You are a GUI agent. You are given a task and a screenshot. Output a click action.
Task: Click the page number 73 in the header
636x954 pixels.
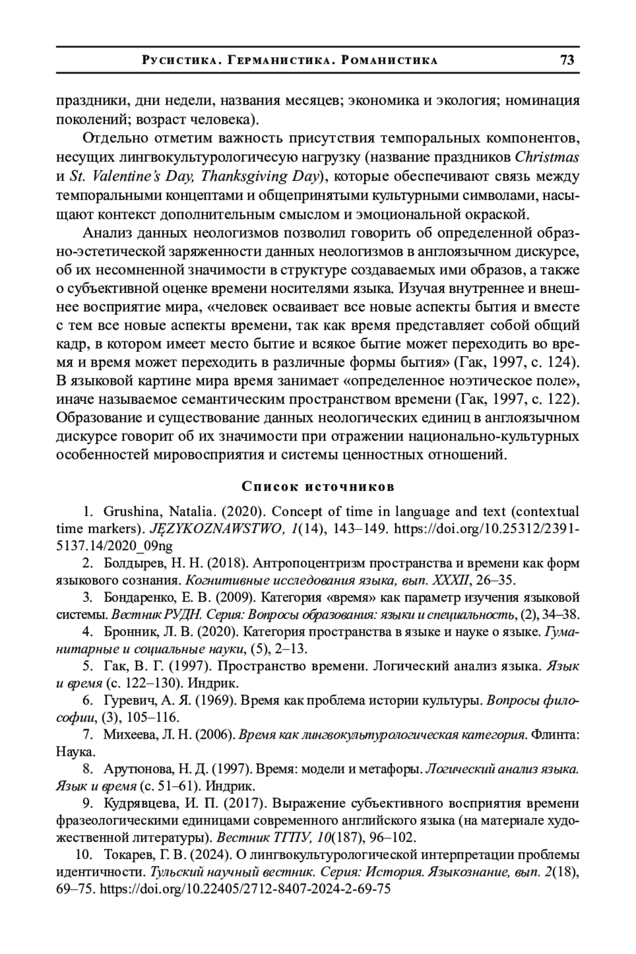(x=567, y=60)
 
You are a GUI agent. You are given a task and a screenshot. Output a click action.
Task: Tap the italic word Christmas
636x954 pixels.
(x=547, y=157)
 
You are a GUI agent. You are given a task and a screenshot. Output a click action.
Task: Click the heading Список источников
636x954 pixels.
(x=317, y=486)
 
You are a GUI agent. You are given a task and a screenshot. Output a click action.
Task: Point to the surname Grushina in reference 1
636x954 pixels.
(x=134, y=512)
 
